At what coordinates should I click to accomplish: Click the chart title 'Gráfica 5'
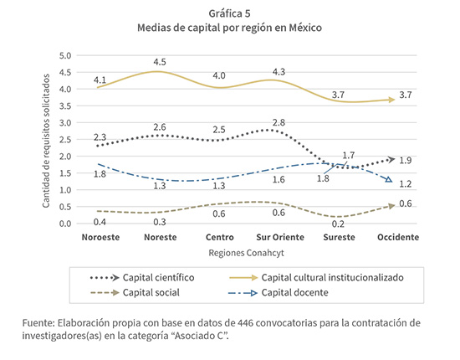pos(229,13)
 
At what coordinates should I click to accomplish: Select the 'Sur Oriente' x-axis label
pos(280,237)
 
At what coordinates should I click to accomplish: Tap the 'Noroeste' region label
pos(100,237)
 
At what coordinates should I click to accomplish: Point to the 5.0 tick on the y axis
pos(65,55)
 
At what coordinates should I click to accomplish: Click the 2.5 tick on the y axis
pos(65,140)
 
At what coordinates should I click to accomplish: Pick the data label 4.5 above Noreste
pos(160,62)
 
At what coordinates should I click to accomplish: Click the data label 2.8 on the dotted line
pos(279,122)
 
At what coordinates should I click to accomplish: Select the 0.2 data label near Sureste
pos(338,224)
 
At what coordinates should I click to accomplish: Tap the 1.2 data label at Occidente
pos(406,184)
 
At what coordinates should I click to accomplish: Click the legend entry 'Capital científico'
pos(158,277)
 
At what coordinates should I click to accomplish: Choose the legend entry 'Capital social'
pos(151,292)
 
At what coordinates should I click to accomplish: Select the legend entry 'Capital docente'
pos(295,292)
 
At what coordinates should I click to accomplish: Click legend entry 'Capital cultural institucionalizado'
pos(332,277)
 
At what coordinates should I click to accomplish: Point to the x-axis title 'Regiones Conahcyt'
pos(246,253)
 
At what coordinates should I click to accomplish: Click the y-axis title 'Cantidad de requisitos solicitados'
pos(46,141)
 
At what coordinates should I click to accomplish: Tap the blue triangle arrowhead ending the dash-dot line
pos(388,179)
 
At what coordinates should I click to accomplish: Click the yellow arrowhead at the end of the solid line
pos(391,100)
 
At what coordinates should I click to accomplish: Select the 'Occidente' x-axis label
pos(398,237)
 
